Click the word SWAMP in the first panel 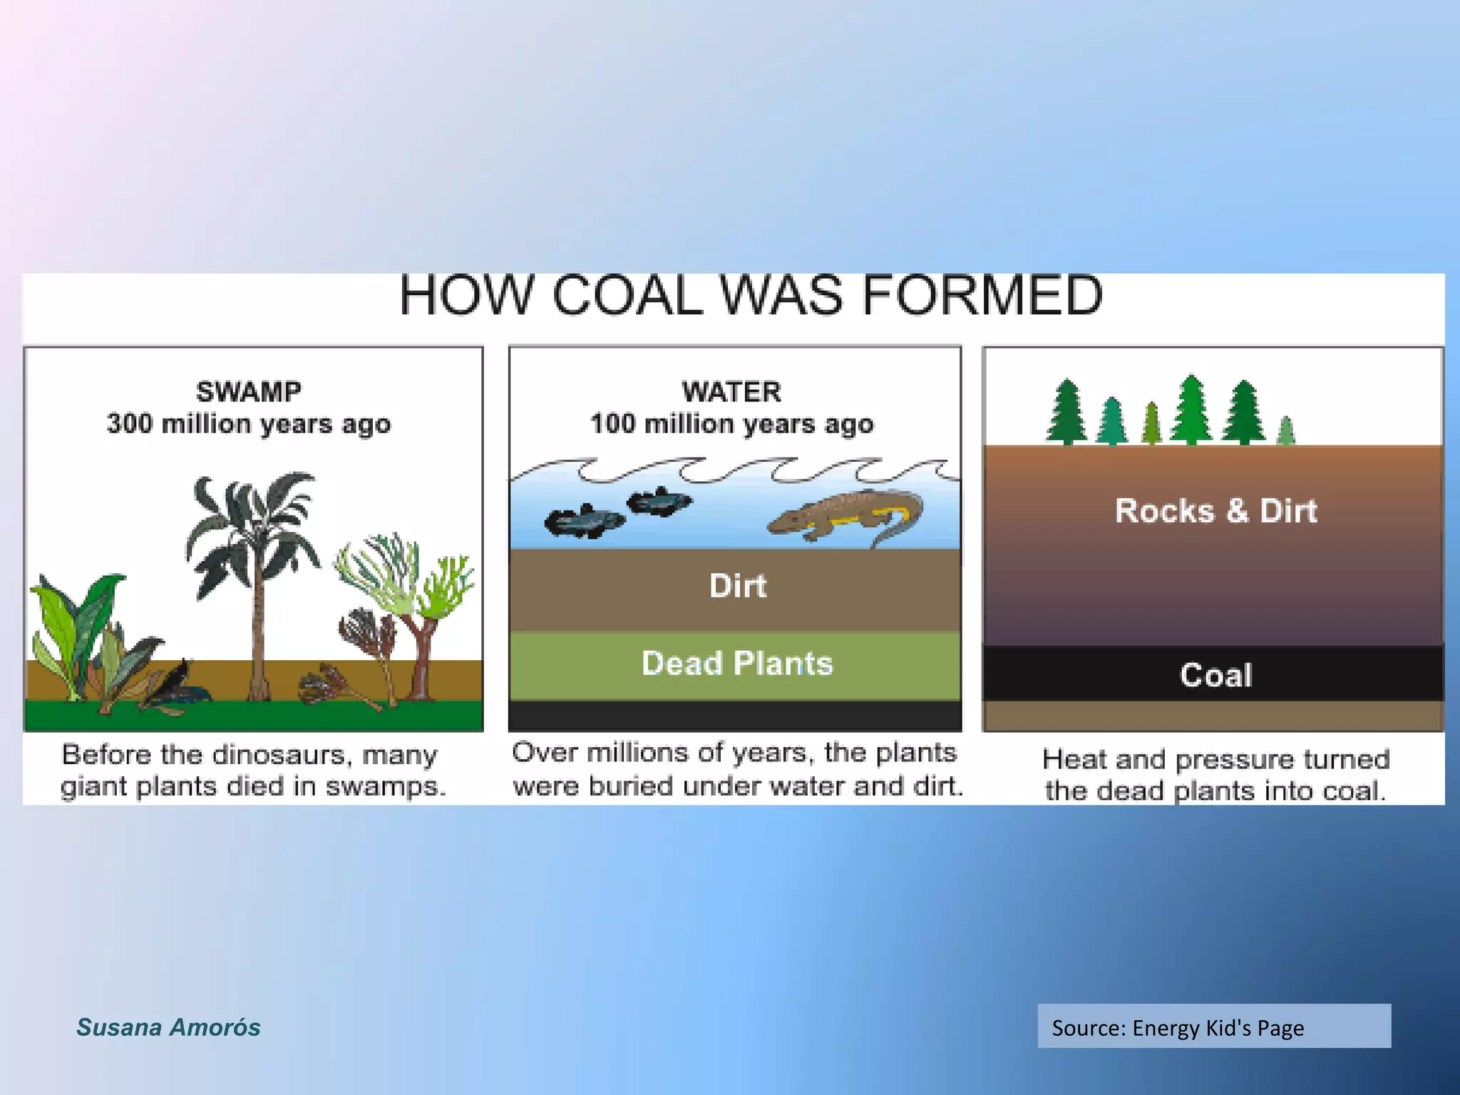tap(248, 391)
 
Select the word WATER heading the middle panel tap(731, 391)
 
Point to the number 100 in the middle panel tap(612, 423)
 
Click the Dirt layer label tap(737, 586)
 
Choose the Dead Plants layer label tap(737, 663)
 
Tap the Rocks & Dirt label tap(1215, 510)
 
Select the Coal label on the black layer tap(1215, 674)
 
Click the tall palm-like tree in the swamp tap(253, 542)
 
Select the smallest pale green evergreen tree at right tap(1285, 431)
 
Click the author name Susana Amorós tap(168, 1027)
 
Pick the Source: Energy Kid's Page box tap(1213, 1027)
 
